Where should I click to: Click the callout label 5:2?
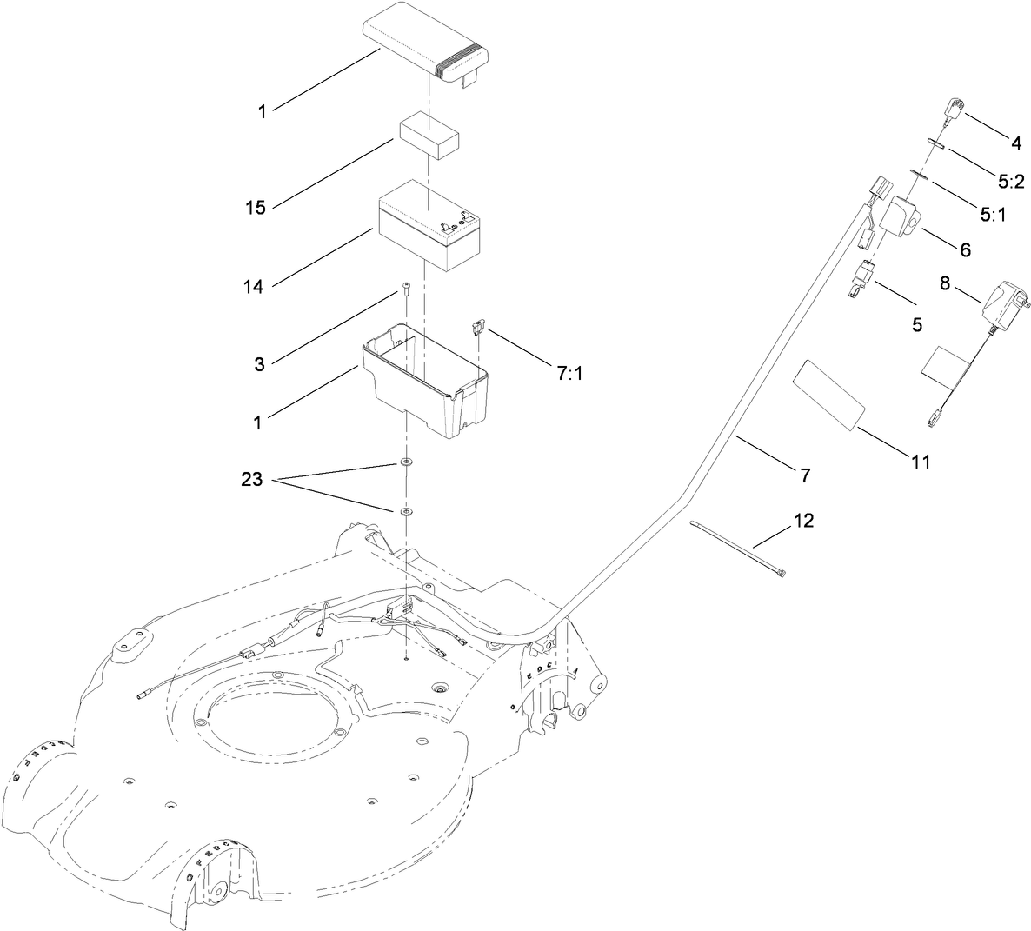[x=1011, y=182]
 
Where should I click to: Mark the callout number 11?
[x=921, y=462]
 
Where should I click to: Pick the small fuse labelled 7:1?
[x=478, y=328]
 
